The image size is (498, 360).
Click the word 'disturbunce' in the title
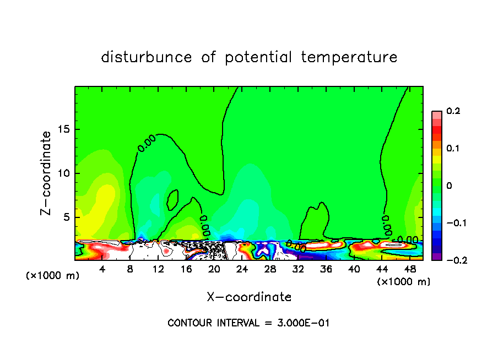[146, 57]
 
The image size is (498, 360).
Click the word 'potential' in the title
[256, 58]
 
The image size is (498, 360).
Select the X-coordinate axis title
[249, 297]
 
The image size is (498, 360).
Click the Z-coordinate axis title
[47, 173]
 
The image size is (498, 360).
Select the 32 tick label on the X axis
[297, 269]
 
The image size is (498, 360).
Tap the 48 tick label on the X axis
[409, 269]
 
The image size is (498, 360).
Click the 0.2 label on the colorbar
[453, 111]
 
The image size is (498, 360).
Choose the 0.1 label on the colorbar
[453, 148]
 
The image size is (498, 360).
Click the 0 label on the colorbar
[449, 186]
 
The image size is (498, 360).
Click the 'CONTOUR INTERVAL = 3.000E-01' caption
[248, 323]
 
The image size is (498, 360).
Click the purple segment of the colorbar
[436, 257]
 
